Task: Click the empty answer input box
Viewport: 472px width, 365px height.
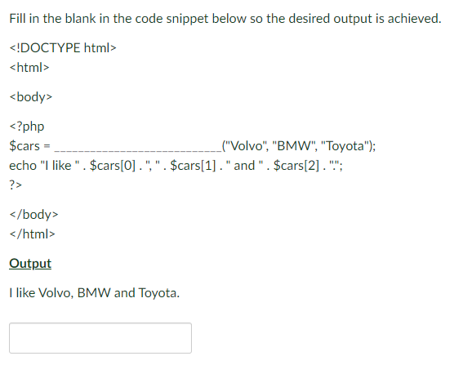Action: tap(100, 338)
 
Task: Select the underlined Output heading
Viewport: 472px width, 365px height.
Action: tap(29, 264)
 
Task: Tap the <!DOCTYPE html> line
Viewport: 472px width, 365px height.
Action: tap(63, 48)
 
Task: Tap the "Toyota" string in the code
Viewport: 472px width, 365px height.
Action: tap(346, 147)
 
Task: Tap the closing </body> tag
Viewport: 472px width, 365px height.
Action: tap(33, 215)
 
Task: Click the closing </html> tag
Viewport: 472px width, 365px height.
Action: tap(32, 234)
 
